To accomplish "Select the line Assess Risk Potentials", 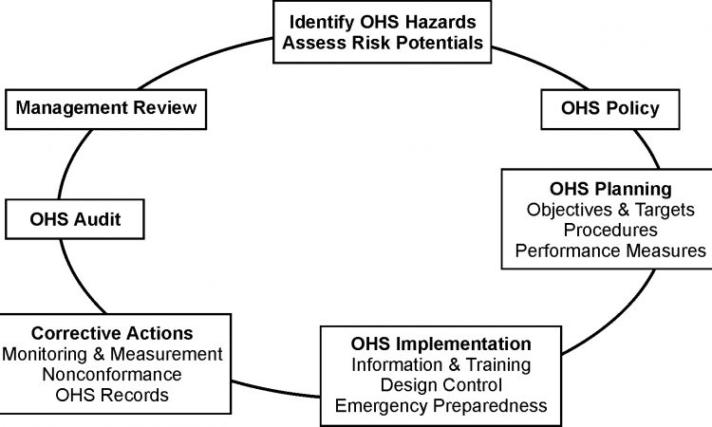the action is click(383, 43).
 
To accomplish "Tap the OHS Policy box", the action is click(610, 109).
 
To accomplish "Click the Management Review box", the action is click(105, 109).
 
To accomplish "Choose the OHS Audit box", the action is click(75, 219).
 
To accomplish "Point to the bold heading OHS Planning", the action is click(610, 189).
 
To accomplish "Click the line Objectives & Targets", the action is click(610, 210).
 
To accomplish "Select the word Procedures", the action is click(610, 230).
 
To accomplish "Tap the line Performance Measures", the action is click(610, 251).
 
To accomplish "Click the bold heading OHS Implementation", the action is click(440, 343).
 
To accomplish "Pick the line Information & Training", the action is click(440, 364).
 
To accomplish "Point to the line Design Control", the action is click(440, 385).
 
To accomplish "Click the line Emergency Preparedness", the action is click(440, 406).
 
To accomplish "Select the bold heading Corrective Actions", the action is click(112, 333).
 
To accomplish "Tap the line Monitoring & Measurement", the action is click(112, 354).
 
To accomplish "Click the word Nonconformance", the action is click(112, 375).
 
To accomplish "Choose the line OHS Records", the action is click(112, 395).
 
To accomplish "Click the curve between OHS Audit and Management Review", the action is click(70, 161).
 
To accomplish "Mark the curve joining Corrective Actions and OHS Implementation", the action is click(275, 391).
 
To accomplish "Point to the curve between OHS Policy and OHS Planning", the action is click(648, 148).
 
